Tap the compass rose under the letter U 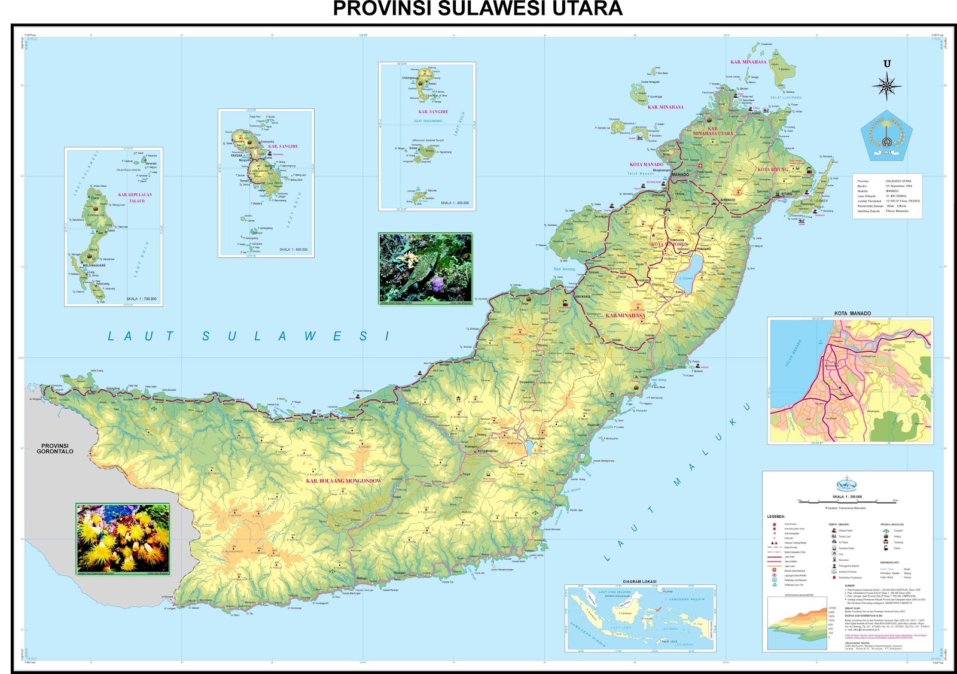pyautogui.click(x=886, y=85)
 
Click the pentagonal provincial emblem pyautogui.click(x=886, y=135)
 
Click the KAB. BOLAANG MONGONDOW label pyautogui.click(x=343, y=481)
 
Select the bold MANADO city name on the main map pyautogui.click(x=680, y=175)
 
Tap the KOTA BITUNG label pyautogui.click(x=772, y=169)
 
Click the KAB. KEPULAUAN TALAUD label pyautogui.click(x=135, y=198)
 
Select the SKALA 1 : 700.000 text pyautogui.click(x=141, y=299)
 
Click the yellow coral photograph pyautogui.click(x=123, y=539)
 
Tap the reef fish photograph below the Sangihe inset pyautogui.click(x=425, y=268)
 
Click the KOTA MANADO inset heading pyautogui.click(x=852, y=313)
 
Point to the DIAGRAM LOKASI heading pyautogui.click(x=639, y=581)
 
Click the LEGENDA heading pyautogui.click(x=776, y=516)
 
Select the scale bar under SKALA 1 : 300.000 pyautogui.click(x=848, y=500)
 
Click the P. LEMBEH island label pyautogui.click(x=819, y=201)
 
